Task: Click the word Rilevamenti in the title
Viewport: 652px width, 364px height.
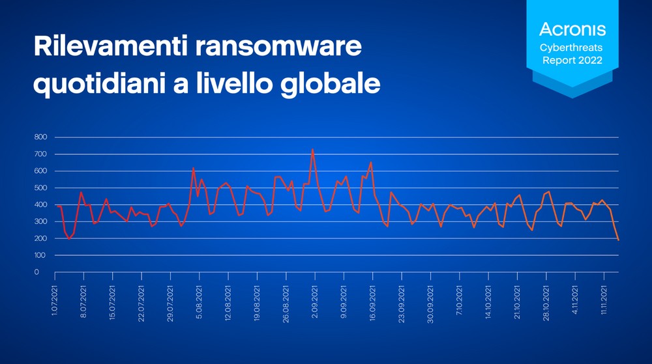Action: point(111,46)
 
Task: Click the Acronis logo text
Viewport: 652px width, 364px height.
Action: point(572,29)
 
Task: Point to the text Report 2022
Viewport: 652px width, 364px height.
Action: point(572,60)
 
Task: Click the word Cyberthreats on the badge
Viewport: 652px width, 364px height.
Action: point(571,48)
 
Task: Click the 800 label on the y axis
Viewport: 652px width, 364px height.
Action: point(40,137)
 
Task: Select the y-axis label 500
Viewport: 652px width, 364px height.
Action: point(40,188)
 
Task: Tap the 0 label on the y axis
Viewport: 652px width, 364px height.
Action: point(37,272)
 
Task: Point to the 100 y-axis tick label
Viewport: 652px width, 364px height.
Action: point(40,255)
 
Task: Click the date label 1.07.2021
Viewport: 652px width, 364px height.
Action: point(55,301)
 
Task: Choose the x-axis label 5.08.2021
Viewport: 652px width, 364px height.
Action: point(199,301)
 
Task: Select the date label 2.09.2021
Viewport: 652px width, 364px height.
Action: point(315,301)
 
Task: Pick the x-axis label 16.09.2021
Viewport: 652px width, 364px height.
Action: point(372,303)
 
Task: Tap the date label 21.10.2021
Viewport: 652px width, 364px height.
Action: point(517,303)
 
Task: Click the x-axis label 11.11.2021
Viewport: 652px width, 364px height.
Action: point(604,300)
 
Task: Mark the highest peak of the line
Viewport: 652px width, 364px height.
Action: point(313,149)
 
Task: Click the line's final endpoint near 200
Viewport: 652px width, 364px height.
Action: point(618,240)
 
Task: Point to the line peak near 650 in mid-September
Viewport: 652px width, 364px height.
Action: point(371,163)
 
